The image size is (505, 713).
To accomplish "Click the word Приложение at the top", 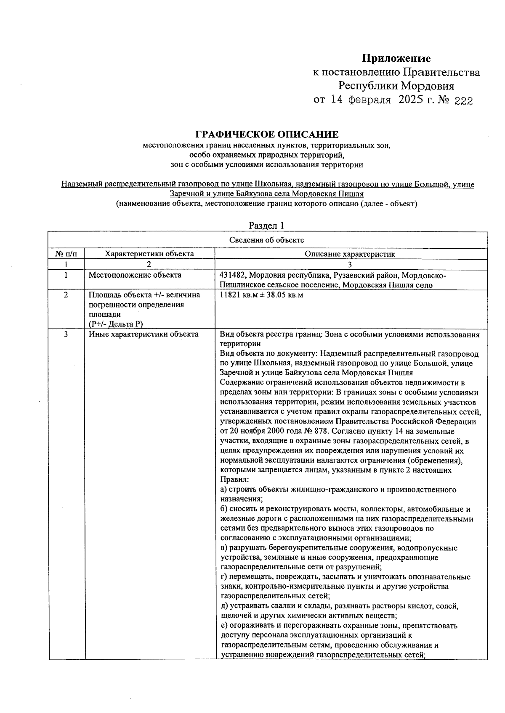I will (396, 58).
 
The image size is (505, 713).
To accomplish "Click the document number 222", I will (463, 101).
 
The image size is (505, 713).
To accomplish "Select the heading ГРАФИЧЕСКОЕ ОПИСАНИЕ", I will (267, 134).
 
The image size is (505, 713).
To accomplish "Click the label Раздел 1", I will (266, 226).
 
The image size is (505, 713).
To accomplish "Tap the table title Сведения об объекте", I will (267, 240).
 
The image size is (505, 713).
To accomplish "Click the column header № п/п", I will (66, 254).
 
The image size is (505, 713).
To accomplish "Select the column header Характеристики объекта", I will (149, 254).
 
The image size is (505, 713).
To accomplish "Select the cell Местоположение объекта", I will (135, 275).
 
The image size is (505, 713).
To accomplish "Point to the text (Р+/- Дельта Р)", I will (116, 324).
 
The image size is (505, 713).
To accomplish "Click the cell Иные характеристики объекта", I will (144, 334).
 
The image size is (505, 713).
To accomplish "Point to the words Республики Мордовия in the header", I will (396, 86).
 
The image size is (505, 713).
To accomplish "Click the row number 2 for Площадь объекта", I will (66, 295).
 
